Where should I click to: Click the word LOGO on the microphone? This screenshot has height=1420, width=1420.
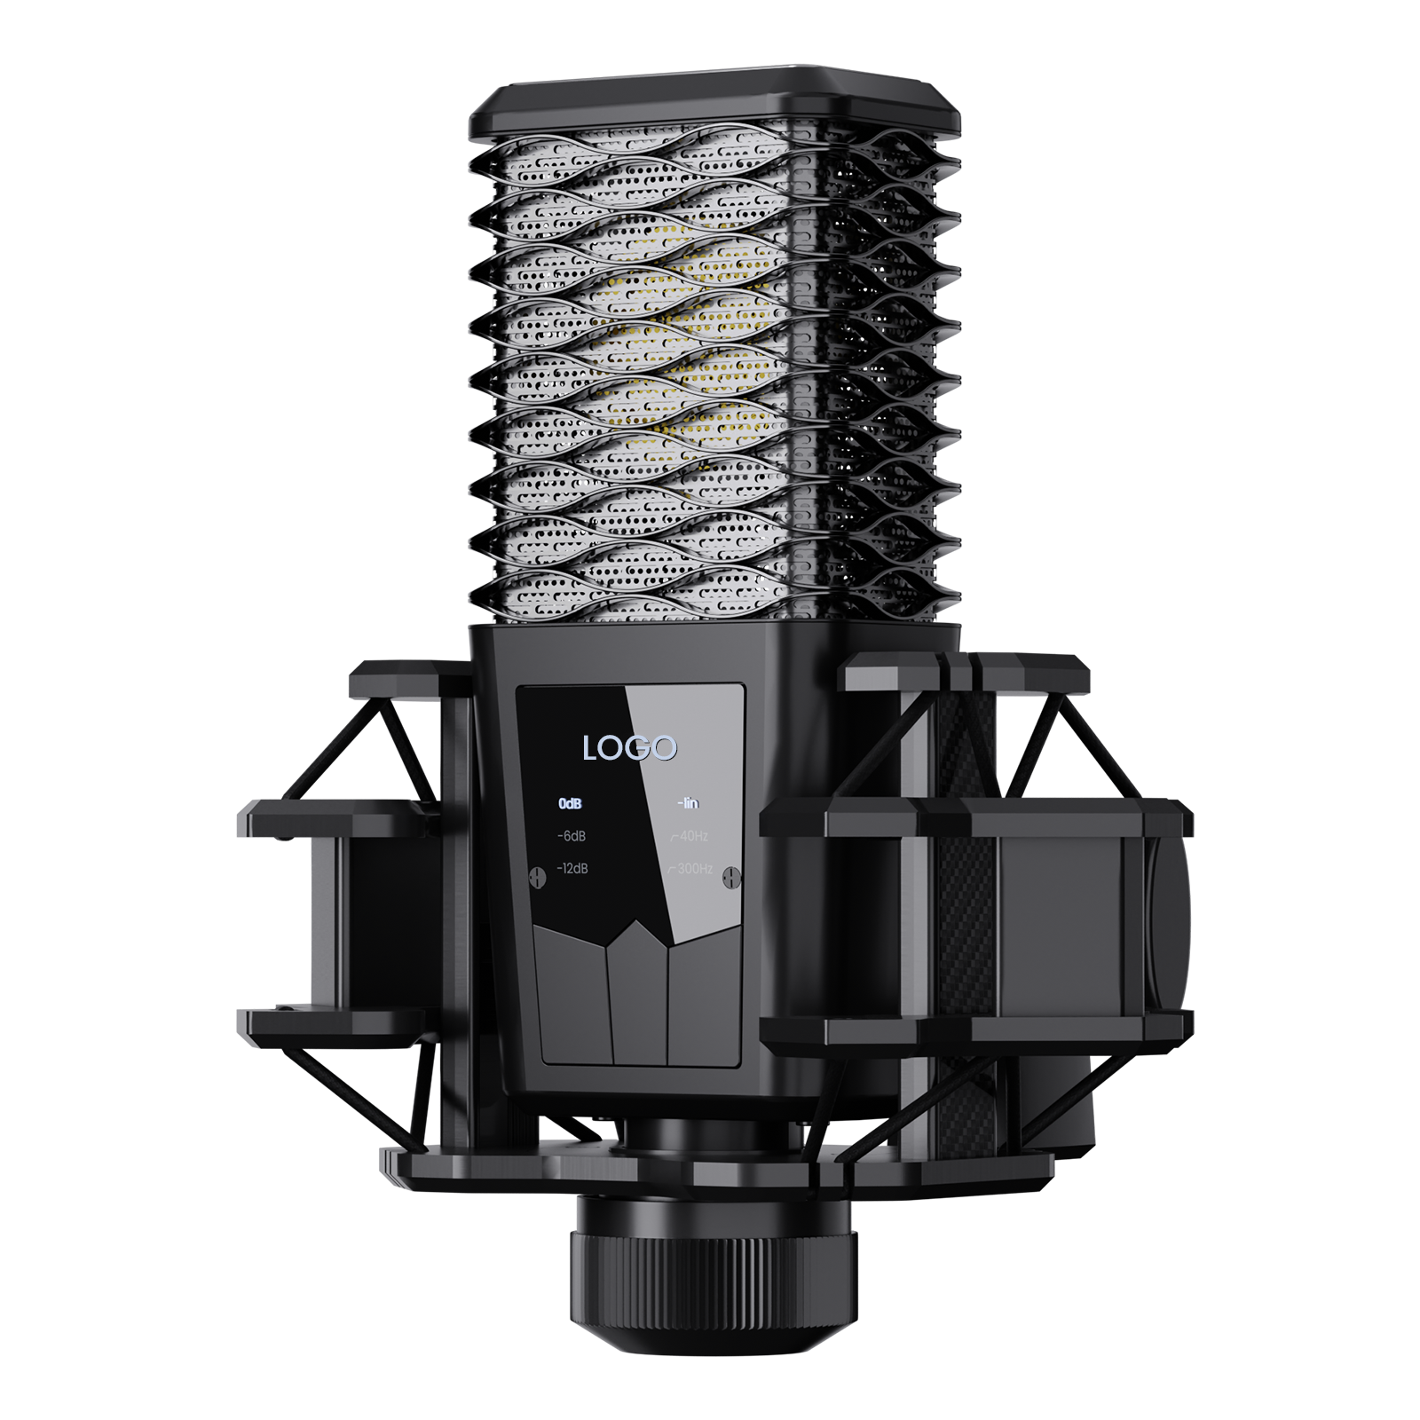click(629, 747)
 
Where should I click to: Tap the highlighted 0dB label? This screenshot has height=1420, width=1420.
click(570, 804)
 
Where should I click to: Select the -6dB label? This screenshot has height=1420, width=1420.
click(571, 836)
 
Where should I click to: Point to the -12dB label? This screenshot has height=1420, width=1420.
click(572, 868)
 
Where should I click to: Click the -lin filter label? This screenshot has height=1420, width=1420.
click(688, 804)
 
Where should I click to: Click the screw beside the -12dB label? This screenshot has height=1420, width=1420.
click(536, 876)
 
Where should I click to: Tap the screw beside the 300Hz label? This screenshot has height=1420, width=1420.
click(731, 876)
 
